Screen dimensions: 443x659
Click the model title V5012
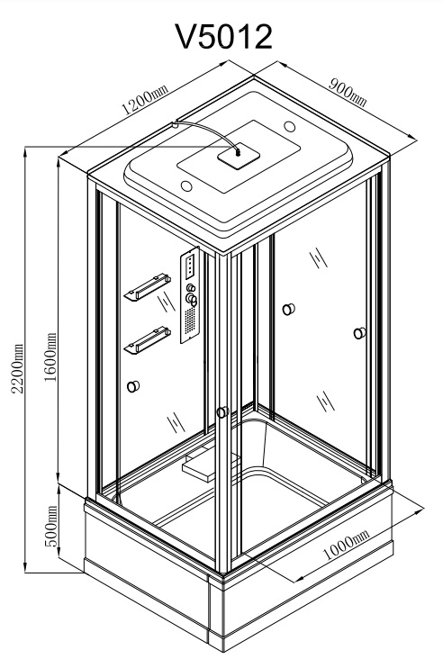tap(223, 37)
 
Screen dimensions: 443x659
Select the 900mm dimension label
tap(348, 93)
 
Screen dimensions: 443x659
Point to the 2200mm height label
tap(17, 368)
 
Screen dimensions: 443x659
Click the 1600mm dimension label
tap(50, 357)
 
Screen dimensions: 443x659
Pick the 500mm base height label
tap(50, 526)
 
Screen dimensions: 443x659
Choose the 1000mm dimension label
tap(346, 545)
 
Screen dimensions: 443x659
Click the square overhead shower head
tap(239, 157)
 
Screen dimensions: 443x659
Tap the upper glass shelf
tap(147, 287)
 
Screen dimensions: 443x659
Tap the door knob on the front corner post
tap(222, 412)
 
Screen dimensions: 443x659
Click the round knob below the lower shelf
tap(133, 386)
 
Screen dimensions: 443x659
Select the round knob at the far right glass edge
tap(359, 333)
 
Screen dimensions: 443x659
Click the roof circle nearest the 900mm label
tap(290, 126)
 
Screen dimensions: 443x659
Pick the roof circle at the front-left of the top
tap(186, 185)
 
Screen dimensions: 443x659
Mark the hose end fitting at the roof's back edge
tap(174, 124)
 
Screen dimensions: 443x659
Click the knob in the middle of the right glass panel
tap(288, 310)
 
